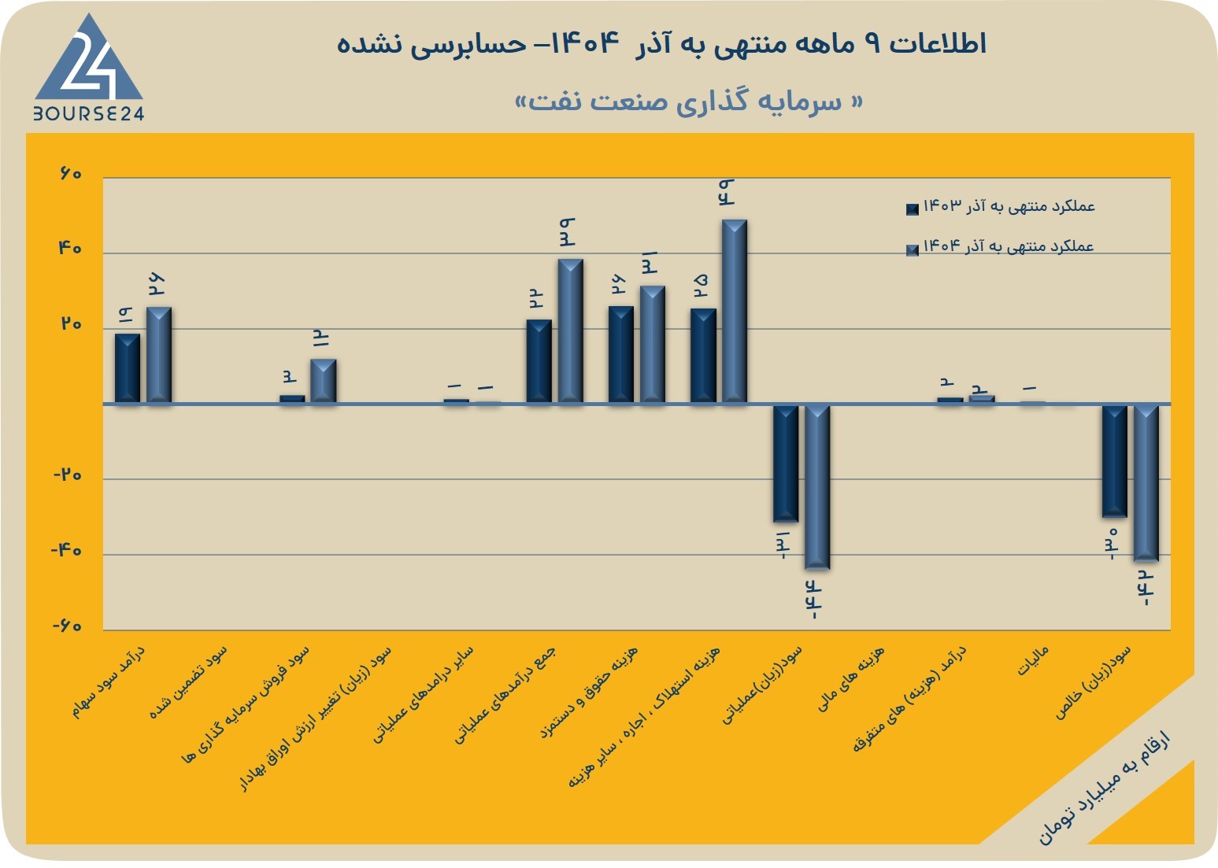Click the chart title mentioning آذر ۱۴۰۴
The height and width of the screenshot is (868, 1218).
point(661,44)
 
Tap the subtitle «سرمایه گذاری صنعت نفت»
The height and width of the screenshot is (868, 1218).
point(688,102)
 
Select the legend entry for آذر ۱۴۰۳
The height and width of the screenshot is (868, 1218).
point(1001,206)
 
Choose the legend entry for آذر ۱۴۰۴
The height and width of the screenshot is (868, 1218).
point(1000,247)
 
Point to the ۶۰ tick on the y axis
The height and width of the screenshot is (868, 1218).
point(71,174)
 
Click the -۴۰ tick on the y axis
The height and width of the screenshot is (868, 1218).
point(66,551)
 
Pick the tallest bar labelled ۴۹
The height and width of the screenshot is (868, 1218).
point(734,312)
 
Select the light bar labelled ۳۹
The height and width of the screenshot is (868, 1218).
point(570,331)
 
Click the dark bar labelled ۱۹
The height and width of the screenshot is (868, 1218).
point(128,368)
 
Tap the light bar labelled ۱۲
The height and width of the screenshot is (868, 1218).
point(323,381)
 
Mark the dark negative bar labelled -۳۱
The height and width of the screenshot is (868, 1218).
point(786,463)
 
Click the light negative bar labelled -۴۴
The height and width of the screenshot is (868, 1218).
point(817,487)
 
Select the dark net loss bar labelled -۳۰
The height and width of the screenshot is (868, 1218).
point(1114,461)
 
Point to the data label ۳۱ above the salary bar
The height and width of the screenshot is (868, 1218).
point(650,263)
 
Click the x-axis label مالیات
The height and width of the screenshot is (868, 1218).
point(1032,660)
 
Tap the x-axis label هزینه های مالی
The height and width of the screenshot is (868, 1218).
point(851,679)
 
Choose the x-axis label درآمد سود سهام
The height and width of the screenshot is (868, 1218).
point(109,681)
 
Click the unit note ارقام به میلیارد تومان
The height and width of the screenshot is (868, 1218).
point(1104,792)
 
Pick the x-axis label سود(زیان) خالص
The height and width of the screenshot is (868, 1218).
point(1094,682)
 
